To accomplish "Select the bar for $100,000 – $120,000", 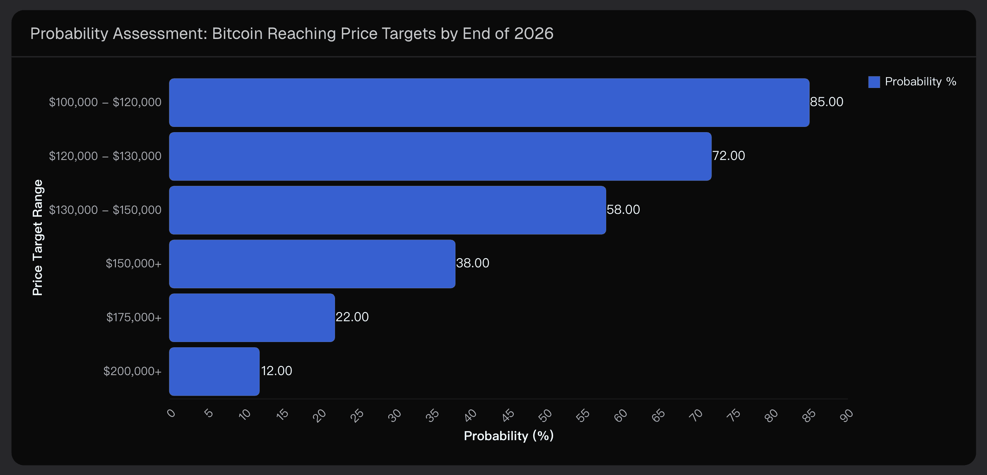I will tap(489, 102).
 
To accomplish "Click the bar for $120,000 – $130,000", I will tap(440, 156).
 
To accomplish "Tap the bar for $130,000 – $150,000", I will tap(387, 210).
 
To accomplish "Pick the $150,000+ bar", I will tap(312, 264).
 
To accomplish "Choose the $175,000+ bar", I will tap(252, 317).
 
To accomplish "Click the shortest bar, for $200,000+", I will tap(214, 371).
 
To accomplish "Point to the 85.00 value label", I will tap(826, 102).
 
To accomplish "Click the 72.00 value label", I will tap(728, 156).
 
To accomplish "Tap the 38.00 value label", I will tap(472, 263).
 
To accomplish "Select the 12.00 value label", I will tap(277, 371).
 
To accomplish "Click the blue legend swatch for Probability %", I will tap(874, 82).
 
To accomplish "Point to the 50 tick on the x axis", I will tap(545, 415).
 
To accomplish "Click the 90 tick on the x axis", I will tap(846, 415).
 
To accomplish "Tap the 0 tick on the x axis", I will tap(171, 414).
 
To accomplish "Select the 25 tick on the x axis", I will tap(356, 415).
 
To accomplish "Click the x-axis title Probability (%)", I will tap(508, 436).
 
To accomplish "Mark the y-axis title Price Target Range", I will tap(38, 237).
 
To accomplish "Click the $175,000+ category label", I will tap(134, 317).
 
